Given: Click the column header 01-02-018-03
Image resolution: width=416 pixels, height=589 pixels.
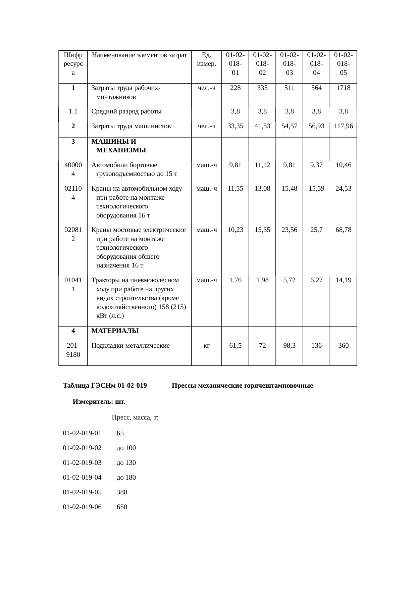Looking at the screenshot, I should (x=289, y=63).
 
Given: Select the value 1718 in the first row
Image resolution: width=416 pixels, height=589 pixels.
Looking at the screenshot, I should (x=343, y=88).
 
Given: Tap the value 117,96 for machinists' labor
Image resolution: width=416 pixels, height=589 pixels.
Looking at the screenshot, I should (x=343, y=126).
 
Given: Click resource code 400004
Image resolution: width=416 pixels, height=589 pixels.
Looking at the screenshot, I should (x=73, y=169).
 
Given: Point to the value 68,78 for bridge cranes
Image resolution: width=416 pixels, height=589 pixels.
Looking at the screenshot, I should (x=343, y=230).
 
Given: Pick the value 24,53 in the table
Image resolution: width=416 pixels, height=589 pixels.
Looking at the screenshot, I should (x=343, y=189).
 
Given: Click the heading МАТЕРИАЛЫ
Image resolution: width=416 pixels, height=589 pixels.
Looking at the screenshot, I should (x=115, y=331).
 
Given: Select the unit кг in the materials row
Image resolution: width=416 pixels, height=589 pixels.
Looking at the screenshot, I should (x=207, y=346).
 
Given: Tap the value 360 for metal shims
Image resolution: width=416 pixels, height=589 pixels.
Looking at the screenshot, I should (x=343, y=346).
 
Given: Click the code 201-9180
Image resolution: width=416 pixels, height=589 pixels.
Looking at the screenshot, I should (x=73, y=350).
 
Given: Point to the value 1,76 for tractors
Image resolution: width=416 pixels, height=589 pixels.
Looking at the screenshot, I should (x=235, y=280).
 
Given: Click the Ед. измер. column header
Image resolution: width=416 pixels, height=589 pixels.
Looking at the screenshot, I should (x=207, y=59).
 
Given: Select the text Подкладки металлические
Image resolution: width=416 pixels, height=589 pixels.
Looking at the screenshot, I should (x=131, y=346).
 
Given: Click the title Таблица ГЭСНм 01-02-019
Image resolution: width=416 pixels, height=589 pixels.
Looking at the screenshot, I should (x=105, y=386).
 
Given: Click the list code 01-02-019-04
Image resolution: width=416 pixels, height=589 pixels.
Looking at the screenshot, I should (x=82, y=478).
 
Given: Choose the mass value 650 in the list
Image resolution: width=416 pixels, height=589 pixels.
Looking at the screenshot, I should (x=122, y=507).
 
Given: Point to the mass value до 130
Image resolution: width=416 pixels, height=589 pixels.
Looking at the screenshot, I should (x=126, y=463).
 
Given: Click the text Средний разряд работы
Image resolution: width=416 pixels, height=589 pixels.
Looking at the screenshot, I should (x=126, y=111).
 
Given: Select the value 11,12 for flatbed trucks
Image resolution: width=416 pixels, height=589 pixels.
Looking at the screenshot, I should (x=262, y=165).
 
